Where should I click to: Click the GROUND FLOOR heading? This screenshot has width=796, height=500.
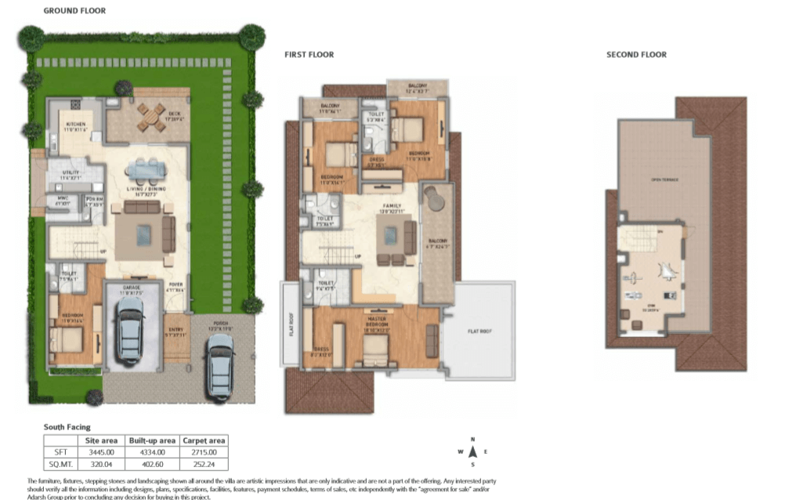click(74, 11)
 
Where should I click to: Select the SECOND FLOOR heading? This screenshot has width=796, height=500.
click(636, 55)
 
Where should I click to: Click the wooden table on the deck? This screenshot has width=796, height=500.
click(150, 116)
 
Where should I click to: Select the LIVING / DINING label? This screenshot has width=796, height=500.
click(145, 190)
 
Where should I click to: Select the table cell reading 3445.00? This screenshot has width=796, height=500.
click(105, 452)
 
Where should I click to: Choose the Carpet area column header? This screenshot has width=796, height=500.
click(204, 440)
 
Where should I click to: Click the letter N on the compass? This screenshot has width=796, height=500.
click(472, 440)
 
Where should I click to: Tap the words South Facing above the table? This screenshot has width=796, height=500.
click(67, 427)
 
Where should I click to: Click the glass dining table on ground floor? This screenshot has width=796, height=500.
click(145, 169)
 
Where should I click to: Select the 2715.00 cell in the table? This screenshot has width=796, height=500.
click(204, 452)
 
